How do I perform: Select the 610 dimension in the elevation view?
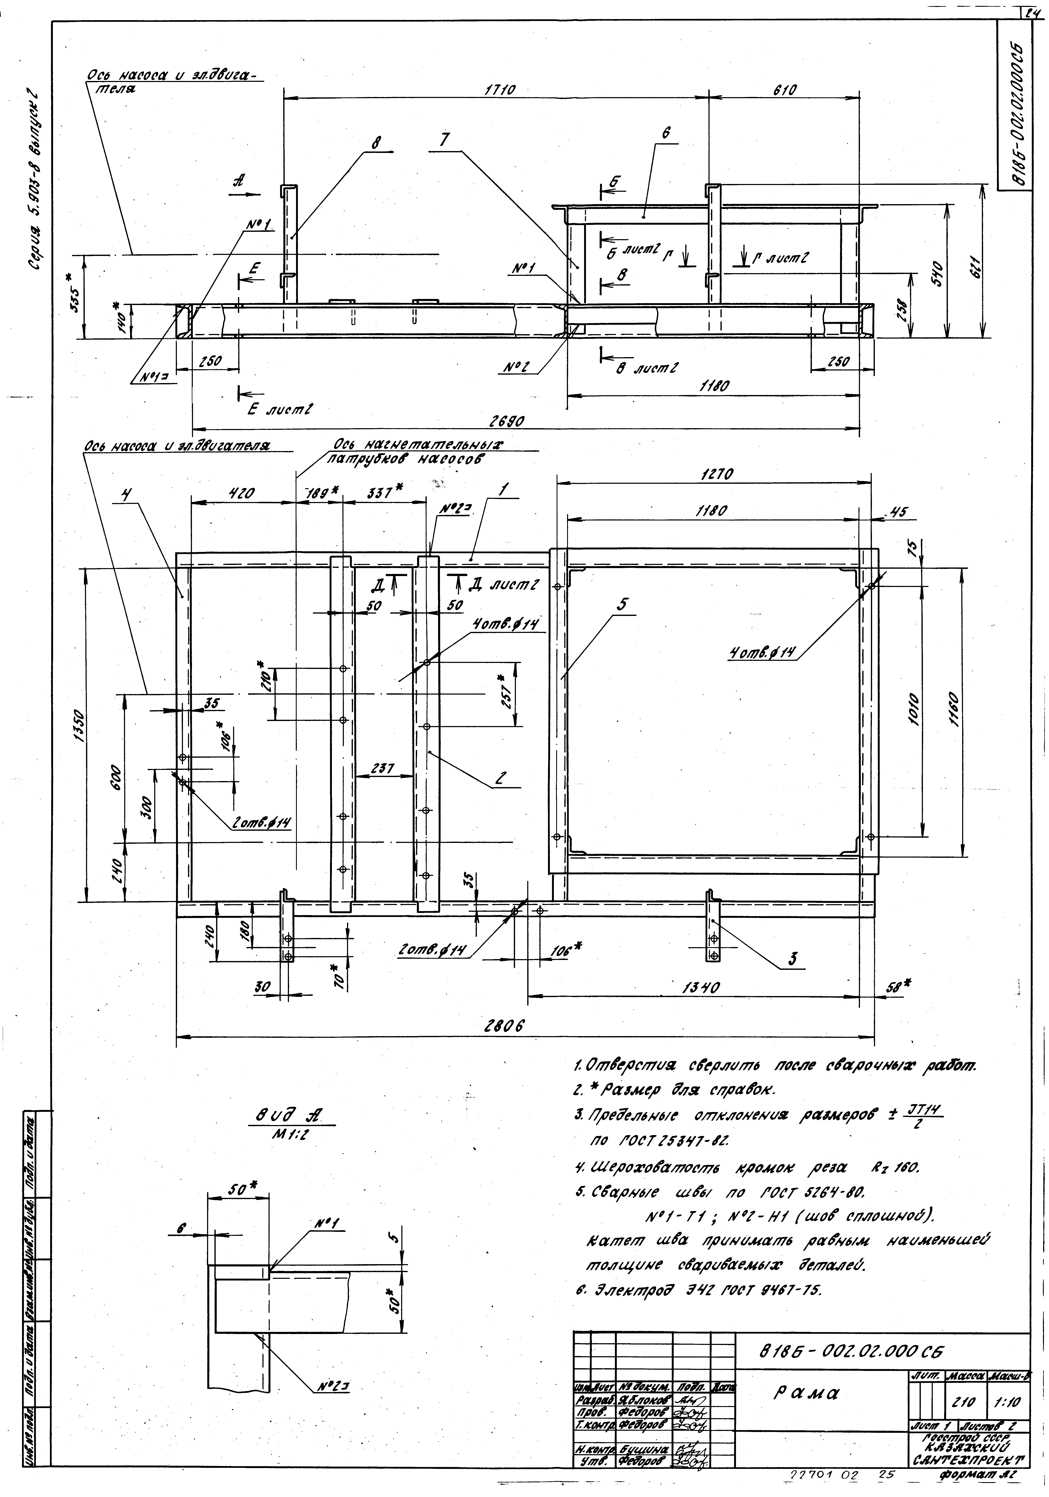(x=784, y=91)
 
